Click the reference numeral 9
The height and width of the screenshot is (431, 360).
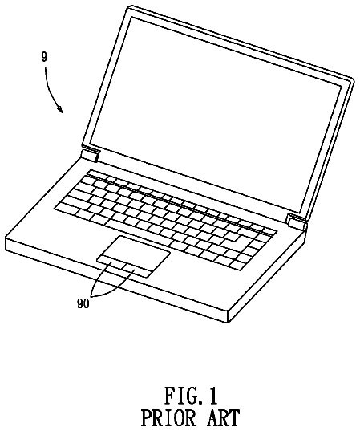(44, 57)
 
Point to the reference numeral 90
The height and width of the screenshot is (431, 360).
(83, 303)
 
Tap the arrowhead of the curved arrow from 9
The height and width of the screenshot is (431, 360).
(60, 110)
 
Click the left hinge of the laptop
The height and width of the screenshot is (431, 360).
(90, 156)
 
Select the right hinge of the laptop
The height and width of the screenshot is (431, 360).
(297, 222)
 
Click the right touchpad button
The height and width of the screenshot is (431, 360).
(136, 270)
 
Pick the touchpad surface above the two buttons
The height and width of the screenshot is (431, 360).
(137, 251)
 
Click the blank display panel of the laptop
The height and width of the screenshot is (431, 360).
(216, 114)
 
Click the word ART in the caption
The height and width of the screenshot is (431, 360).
(223, 419)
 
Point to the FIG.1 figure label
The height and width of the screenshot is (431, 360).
(191, 396)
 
